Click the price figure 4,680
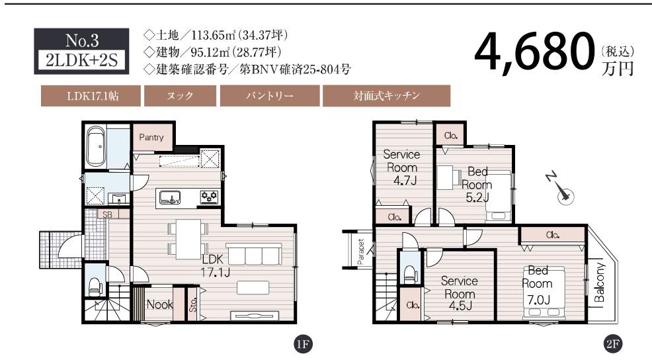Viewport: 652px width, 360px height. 534,53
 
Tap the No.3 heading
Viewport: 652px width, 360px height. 82,41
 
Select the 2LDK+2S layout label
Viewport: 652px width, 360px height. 82,61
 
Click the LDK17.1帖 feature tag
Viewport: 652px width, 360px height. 91,96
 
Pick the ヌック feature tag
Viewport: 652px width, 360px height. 180,96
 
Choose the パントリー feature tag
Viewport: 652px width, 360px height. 270,96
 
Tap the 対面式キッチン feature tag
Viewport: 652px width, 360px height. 387,96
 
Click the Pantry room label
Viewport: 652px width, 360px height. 151,138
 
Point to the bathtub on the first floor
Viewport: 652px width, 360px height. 96,146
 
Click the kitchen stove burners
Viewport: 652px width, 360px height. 210,196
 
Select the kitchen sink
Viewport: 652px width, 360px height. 170,197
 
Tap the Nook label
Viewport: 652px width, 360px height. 159,304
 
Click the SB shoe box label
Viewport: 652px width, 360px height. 107,215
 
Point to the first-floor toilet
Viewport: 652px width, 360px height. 96,286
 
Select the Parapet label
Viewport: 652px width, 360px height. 360,251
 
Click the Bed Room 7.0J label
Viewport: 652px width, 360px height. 538,285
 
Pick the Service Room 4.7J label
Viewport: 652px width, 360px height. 401,167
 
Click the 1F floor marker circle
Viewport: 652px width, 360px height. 303,344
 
